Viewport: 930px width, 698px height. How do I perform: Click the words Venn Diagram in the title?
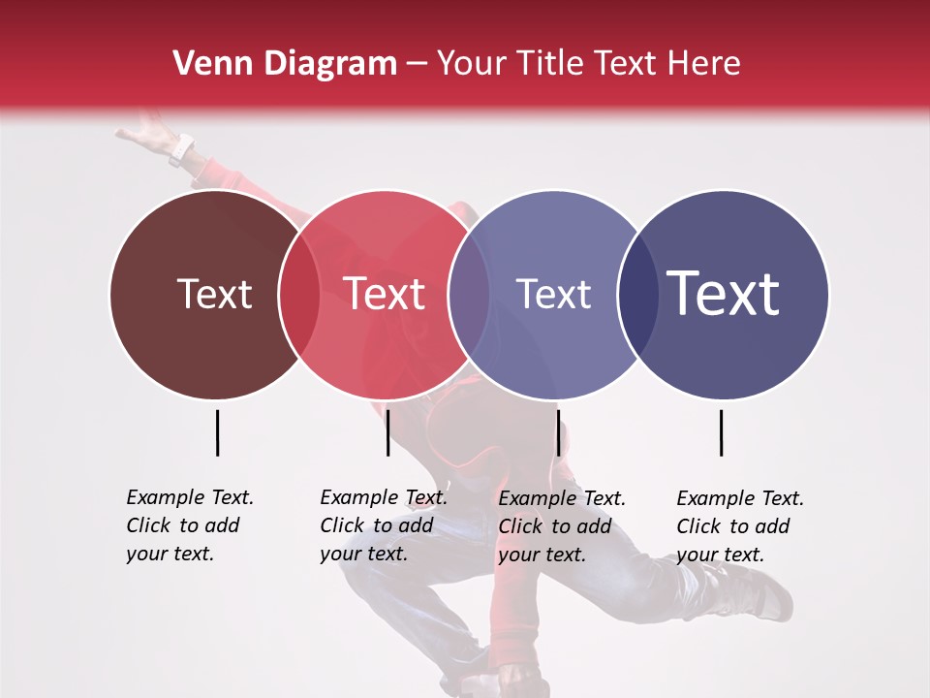pos(285,64)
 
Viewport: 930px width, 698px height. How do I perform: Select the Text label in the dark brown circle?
pos(214,294)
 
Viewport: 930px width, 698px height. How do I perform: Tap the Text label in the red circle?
pos(385,294)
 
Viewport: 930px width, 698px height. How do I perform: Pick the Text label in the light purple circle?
pos(553,294)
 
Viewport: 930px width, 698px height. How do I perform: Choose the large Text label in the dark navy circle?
pos(724,293)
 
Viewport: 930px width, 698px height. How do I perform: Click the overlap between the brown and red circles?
pos(299,295)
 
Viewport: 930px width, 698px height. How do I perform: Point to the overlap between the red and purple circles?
pos(469,295)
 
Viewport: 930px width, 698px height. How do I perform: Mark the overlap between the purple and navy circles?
pos(637,295)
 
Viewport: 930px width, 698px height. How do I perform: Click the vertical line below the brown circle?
pos(217,432)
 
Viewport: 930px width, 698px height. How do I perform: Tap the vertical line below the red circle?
pos(387,432)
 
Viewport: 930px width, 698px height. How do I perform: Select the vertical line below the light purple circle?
pos(558,432)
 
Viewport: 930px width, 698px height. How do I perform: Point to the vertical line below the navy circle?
pos(721,432)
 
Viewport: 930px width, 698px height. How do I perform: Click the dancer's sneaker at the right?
pos(765,591)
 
